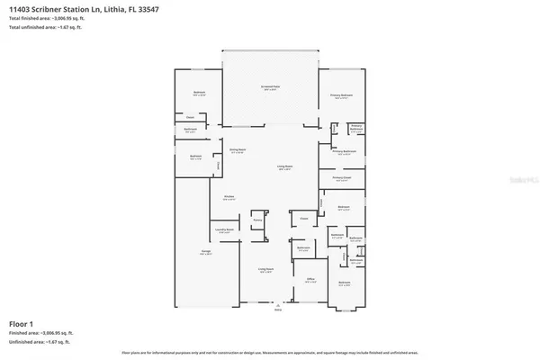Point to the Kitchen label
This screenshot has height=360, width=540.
(x=229, y=197)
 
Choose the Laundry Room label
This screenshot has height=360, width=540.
(x=226, y=231)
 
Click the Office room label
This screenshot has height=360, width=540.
(x=310, y=280)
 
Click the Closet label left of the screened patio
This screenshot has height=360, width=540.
(x=190, y=117)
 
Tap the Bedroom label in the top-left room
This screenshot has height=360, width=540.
(x=199, y=93)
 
